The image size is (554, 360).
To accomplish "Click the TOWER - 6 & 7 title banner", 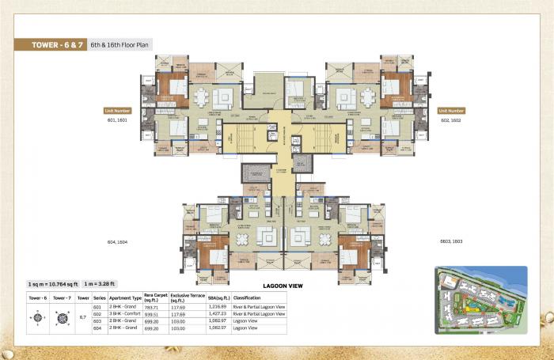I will click(x=52, y=45).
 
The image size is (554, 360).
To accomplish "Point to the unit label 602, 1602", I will click(x=450, y=120).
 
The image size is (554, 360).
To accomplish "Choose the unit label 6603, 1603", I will click(x=450, y=241).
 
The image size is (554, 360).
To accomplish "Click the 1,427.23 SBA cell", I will click(x=218, y=313).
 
